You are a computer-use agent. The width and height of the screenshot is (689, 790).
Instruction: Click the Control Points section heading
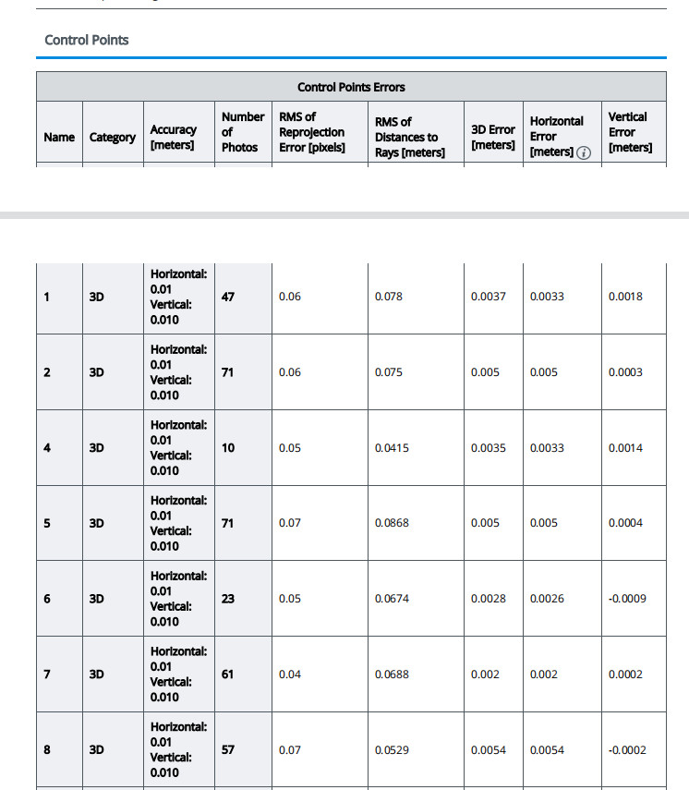click(87, 41)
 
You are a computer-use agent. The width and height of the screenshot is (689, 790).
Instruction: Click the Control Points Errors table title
click(351, 88)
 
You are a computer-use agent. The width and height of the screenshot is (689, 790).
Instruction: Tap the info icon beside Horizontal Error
click(583, 152)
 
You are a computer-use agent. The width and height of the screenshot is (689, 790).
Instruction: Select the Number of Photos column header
click(243, 132)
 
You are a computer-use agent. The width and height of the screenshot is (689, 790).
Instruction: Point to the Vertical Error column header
click(630, 132)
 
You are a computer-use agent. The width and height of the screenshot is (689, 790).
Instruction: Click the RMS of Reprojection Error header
click(312, 132)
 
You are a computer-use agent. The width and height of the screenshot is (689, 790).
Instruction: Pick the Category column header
click(113, 137)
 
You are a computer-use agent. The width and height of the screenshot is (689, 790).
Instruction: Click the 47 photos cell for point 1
click(228, 297)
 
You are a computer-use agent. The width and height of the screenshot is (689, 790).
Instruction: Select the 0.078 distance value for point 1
click(390, 297)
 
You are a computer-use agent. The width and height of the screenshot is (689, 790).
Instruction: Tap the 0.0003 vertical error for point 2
click(625, 372)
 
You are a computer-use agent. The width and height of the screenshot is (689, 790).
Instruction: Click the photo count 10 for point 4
click(228, 448)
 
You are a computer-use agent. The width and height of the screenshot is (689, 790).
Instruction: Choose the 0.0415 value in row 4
click(392, 448)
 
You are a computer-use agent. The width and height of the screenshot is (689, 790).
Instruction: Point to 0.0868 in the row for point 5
click(392, 523)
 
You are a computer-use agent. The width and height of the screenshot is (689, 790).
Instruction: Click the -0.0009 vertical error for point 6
click(627, 599)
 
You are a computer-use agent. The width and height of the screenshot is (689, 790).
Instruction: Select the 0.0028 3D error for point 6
click(488, 599)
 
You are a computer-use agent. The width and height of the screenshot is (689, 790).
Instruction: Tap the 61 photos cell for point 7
click(228, 675)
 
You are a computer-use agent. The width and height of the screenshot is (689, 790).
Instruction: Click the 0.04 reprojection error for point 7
click(290, 675)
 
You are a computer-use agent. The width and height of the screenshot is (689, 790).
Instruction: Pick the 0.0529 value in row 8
click(392, 750)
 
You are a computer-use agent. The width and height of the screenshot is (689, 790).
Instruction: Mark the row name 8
click(47, 750)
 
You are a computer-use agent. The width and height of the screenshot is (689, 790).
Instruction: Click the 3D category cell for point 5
click(97, 523)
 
